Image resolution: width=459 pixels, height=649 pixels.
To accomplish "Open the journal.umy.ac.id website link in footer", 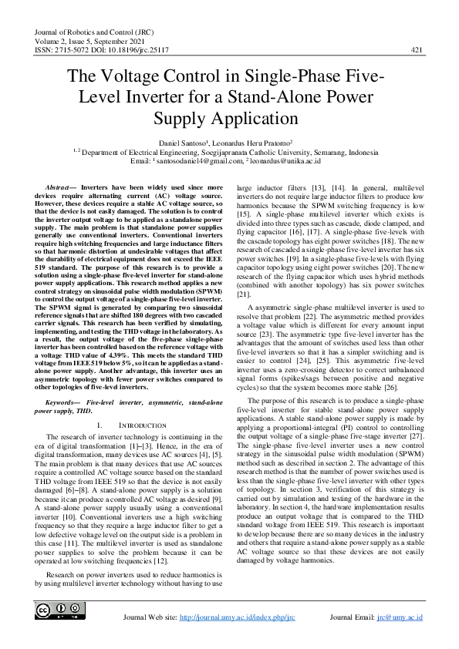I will (237, 617).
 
